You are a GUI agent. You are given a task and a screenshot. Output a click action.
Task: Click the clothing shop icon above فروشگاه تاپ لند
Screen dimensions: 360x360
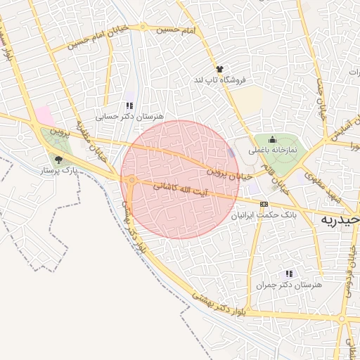click(220, 70)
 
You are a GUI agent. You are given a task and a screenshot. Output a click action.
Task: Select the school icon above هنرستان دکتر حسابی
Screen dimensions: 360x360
click(129, 105)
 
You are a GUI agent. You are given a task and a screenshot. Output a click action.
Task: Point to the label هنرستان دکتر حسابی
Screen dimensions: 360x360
click(129, 116)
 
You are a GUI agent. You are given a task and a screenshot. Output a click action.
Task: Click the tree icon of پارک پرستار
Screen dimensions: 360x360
click(58, 160)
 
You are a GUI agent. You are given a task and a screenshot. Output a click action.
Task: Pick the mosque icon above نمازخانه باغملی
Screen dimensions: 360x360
click(273, 139)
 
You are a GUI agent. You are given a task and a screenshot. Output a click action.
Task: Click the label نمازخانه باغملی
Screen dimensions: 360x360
click(273, 150)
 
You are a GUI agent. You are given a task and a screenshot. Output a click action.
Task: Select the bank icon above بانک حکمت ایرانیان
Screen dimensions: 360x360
click(264, 204)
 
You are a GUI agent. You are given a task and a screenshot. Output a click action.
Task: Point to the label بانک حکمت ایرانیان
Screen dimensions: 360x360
click(265, 215)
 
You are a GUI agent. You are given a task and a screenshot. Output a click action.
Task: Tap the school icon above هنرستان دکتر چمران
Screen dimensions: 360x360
click(289, 274)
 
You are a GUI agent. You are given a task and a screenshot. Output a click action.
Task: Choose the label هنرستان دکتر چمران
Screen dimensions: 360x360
click(288, 285)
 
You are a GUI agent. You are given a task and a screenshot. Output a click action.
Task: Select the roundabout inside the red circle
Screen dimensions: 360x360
click(132, 181)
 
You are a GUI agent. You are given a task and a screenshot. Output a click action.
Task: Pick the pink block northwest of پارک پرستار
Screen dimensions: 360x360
click(44, 116)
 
